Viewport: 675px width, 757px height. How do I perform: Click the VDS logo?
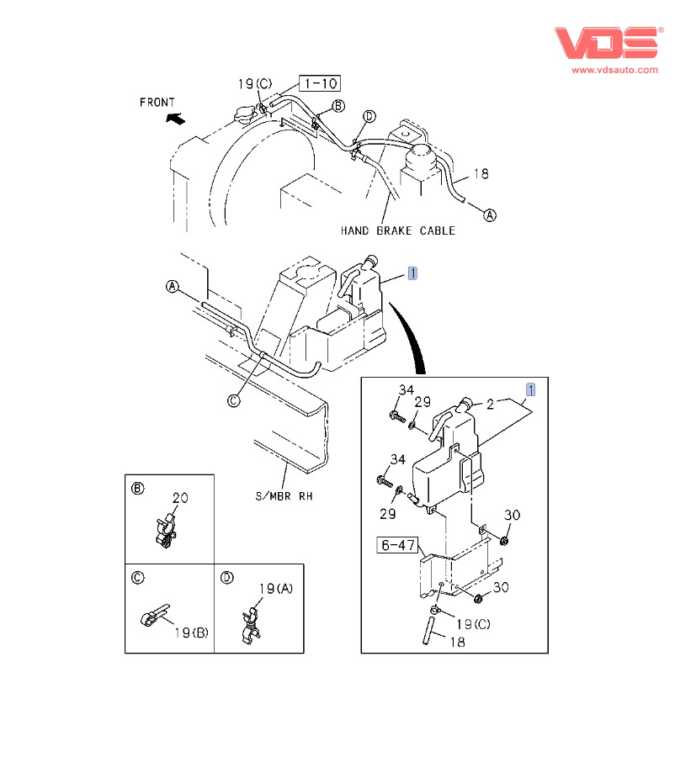[x=607, y=42]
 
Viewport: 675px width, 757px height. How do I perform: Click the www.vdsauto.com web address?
[x=615, y=70]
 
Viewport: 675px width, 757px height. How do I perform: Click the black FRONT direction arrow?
[x=174, y=119]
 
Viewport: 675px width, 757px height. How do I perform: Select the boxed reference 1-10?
[x=320, y=83]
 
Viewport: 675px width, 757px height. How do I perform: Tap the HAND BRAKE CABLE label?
[x=397, y=230]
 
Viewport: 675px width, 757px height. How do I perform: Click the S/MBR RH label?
[x=284, y=496]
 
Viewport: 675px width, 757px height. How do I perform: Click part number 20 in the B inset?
[x=180, y=497]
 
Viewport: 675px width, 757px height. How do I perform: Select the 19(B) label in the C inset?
[x=191, y=633]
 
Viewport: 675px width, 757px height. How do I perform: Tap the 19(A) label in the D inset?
[x=276, y=588]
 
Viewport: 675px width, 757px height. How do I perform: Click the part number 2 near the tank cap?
[x=489, y=405]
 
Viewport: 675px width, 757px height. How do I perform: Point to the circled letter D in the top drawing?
[x=369, y=116]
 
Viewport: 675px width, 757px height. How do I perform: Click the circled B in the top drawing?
[x=337, y=106]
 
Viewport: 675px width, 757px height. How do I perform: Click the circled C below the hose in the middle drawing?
[x=234, y=401]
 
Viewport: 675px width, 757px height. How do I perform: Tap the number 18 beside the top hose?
[x=481, y=174]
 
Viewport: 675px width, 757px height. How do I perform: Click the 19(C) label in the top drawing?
[x=254, y=83]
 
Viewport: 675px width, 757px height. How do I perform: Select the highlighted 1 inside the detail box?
[x=530, y=389]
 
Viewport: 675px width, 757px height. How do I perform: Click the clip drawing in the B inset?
[x=167, y=530]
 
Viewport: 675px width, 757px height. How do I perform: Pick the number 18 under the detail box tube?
[x=455, y=642]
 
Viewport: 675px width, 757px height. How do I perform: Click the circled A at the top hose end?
[x=490, y=214]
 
